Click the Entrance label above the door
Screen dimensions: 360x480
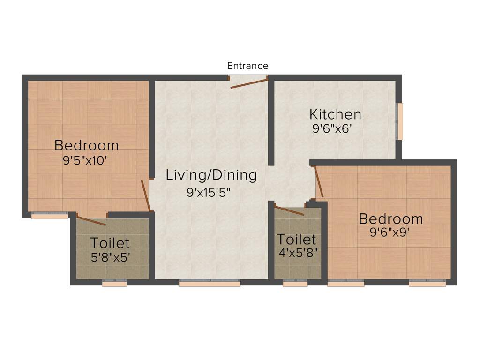pyautogui.click(x=247, y=66)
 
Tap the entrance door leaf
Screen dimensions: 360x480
pyautogui.click(x=248, y=83)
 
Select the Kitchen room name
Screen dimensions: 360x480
pyautogui.click(x=335, y=114)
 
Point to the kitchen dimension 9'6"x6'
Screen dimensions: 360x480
pyautogui.click(x=332, y=129)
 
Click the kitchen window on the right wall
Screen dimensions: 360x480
pyautogui.click(x=400, y=121)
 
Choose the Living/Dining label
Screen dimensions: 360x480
pyautogui.click(x=211, y=175)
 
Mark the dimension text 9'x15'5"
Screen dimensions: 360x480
pyautogui.click(x=209, y=192)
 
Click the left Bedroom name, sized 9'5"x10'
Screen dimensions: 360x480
pyautogui.click(x=86, y=145)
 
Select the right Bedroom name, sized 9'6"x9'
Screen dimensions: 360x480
pyautogui.click(x=390, y=218)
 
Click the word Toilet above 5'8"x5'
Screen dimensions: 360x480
pyautogui.click(x=110, y=243)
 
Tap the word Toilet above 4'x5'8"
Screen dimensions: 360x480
pyautogui.click(x=296, y=240)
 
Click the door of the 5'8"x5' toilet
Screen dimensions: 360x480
pyautogui.click(x=91, y=221)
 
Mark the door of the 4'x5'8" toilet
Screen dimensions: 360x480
pyautogui.click(x=289, y=210)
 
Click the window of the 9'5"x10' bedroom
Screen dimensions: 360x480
pyautogui.click(x=49, y=216)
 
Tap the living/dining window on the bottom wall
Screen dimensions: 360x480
pyautogui.click(x=210, y=283)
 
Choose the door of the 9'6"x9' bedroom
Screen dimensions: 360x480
pyautogui.click(x=319, y=181)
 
